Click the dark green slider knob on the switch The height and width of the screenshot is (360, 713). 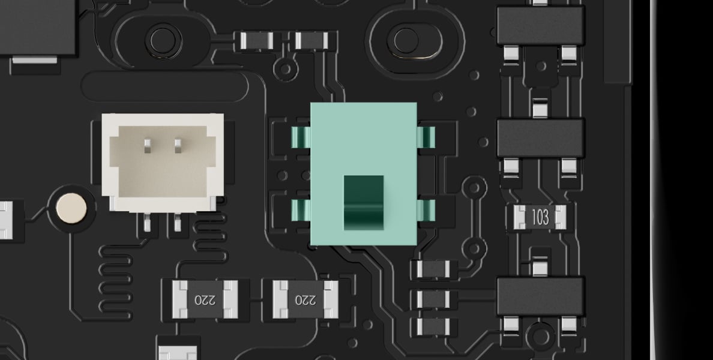pos(363,202)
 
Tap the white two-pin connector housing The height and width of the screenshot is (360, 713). pos(163,163)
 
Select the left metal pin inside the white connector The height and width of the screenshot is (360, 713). pos(147,145)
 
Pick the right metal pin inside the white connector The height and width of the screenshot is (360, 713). pos(178,145)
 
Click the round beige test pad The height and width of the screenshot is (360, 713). pos(71,209)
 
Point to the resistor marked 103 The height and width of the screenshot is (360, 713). pos(540,217)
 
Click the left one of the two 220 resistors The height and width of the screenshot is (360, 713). pos(205,299)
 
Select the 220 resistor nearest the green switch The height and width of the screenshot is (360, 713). pos(305,299)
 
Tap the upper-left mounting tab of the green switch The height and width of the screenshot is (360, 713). pos(301,137)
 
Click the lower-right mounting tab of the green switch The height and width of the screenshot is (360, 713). pos(426,211)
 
